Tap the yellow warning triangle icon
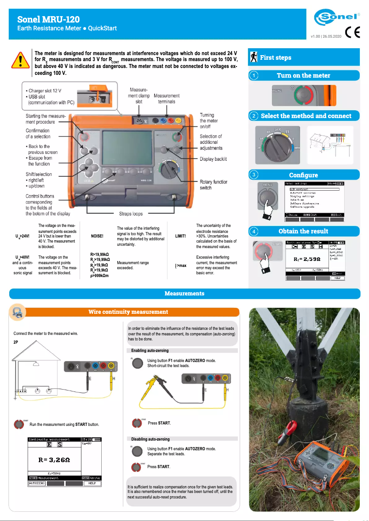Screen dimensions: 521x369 click(21, 60)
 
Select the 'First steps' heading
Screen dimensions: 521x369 click(276, 57)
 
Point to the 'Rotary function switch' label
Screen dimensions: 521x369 click(213, 185)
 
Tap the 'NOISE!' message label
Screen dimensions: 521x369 click(98, 236)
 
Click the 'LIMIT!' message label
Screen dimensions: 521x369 click(181, 236)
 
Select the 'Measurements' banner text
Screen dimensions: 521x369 click(184, 293)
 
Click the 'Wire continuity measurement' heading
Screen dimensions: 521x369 click(128, 312)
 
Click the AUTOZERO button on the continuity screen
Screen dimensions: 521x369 click(37, 483)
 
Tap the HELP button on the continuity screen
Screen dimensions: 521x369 click(92, 483)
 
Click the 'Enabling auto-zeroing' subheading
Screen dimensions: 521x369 click(150, 351)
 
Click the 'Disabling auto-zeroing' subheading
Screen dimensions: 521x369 click(150, 439)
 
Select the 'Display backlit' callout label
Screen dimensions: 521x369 click(213, 159)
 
